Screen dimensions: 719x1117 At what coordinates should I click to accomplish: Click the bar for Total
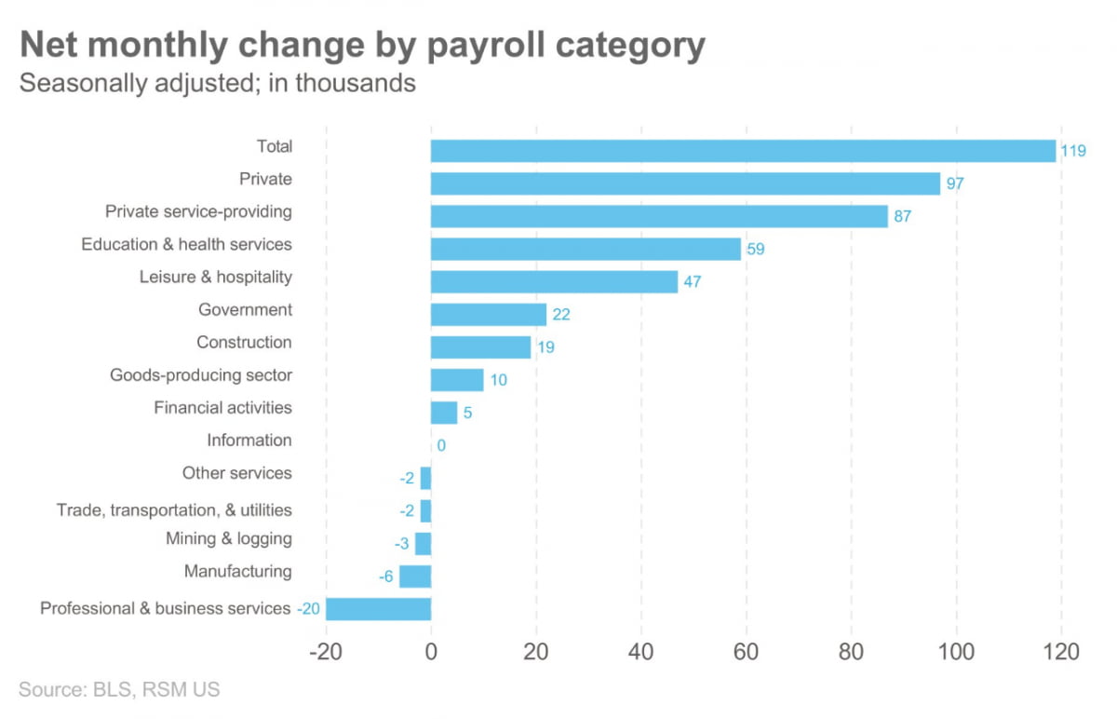[743, 151]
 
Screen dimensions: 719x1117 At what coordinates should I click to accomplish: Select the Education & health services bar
[585, 249]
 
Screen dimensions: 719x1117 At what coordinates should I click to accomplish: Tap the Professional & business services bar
[378, 609]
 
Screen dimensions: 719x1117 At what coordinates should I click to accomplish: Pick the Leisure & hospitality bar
[554, 281]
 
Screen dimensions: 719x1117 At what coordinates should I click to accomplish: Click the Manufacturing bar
[415, 577]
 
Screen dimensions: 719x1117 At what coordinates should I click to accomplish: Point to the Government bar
[488, 314]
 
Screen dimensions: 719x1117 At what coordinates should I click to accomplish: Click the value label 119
[1073, 151]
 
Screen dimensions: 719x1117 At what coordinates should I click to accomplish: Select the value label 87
[901, 217]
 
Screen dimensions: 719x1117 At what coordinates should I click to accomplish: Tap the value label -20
[308, 609]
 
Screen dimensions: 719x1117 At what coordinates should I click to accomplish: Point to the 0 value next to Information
[441, 445]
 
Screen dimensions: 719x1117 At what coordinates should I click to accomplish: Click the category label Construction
[244, 342]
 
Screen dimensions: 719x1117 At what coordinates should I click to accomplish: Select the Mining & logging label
[228, 538]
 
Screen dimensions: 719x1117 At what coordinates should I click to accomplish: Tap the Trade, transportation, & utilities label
[174, 510]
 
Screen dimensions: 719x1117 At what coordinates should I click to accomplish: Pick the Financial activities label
[222, 407]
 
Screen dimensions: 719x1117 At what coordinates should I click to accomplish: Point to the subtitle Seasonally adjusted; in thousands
[217, 83]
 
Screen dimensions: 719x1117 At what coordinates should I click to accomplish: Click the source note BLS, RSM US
[119, 690]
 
